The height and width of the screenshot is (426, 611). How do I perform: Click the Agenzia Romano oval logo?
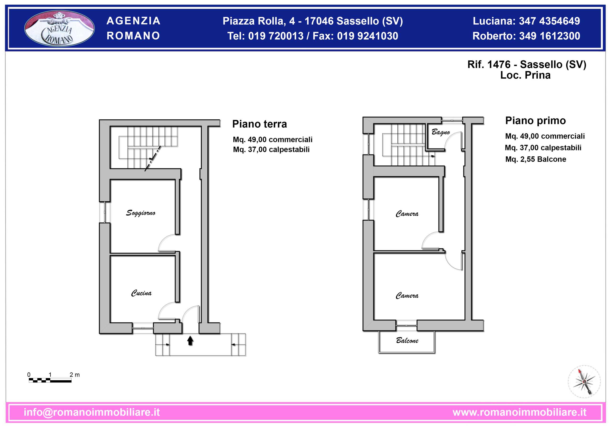pos(59,28)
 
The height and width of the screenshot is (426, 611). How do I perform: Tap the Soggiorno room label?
pos(141,213)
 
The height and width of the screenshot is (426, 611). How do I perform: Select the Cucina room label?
pos(141,293)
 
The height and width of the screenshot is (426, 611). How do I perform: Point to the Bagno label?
pos(440,132)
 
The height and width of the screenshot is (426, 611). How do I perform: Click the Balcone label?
pos(407,341)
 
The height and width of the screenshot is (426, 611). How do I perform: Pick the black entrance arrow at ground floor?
pos(190,341)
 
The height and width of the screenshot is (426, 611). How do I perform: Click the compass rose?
pos(584,382)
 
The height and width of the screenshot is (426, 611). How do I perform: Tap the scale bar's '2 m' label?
pos(75,375)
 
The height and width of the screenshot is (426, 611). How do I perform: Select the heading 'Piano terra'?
pos(259,124)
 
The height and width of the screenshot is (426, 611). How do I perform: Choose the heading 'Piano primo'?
pos(535,121)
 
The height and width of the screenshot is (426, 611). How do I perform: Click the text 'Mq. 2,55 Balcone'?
pos(536,159)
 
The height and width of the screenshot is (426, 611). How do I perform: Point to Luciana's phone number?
pos(549,21)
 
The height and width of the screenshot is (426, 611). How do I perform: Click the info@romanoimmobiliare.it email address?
pos(92,412)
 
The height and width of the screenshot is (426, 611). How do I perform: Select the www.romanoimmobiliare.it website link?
pos(519,412)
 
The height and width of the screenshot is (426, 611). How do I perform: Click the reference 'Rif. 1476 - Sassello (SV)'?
pos(527,64)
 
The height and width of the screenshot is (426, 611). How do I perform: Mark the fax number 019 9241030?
pos(368,36)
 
